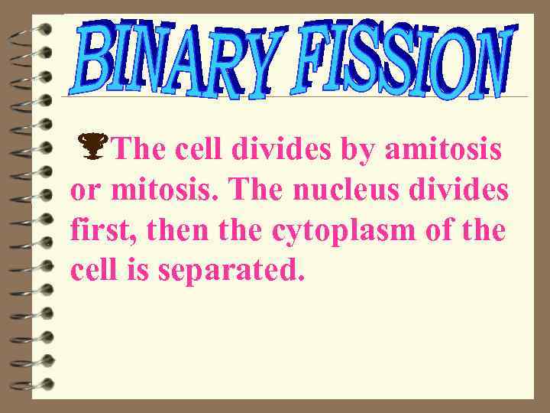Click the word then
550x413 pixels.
179,229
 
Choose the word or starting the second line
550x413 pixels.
83,191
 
